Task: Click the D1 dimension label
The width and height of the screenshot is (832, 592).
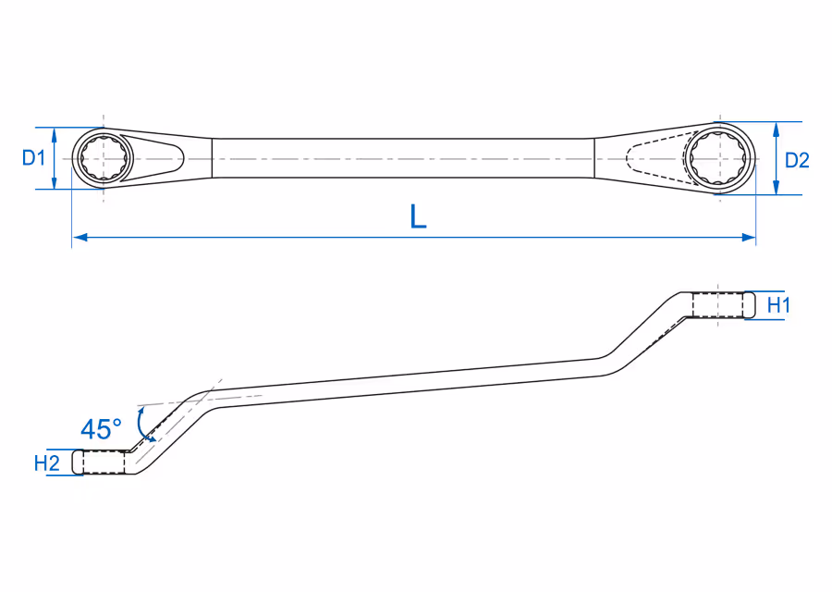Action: (33, 157)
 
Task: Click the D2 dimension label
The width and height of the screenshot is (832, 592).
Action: (797, 160)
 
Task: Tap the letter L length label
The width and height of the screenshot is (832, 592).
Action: (419, 216)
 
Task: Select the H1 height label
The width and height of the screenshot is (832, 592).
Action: (779, 305)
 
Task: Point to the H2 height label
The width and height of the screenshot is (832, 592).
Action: (47, 463)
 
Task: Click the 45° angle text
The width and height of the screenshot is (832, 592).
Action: (101, 429)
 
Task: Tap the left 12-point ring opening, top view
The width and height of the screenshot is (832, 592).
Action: (104, 158)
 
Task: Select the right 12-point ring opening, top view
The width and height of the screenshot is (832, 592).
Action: (720, 159)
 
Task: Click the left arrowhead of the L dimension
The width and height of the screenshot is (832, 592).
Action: (80, 238)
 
